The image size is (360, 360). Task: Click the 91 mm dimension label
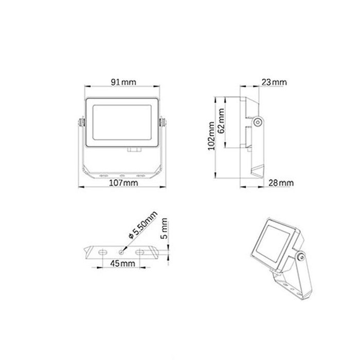pyautogui.click(x=124, y=82)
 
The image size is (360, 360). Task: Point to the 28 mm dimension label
pyautogui.click(x=281, y=183)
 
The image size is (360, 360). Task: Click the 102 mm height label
pyautogui.click(x=211, y=135)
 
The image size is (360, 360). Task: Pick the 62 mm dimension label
pyautogui.click(x=221, y=121)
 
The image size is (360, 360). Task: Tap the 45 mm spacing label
pyautogui.click(x=122, y=264)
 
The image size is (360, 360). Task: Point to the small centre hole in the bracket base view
pyautogui.click(x=121, y=252)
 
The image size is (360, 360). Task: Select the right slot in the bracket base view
pyautogui.click(x=140, y=252)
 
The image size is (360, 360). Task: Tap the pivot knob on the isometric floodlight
pyautogui.click(x=300, y=255)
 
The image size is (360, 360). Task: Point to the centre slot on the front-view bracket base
pyautogui.click(x=122, y=175)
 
